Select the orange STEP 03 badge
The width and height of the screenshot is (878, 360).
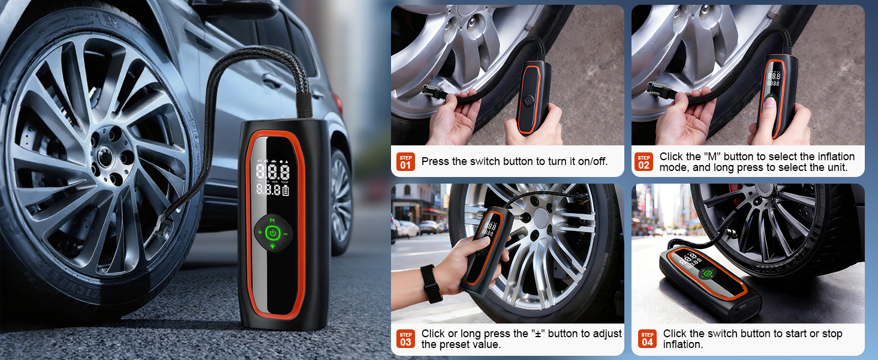[405, 339]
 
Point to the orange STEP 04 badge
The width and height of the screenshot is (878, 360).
[647, 339]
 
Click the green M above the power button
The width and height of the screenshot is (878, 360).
[272, 221]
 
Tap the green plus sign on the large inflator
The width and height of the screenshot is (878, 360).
[260, 233]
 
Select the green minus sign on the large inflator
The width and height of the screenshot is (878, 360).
[285, 234]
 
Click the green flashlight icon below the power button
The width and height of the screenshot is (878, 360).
[272, 246]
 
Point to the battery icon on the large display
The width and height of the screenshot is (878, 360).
[285, 191]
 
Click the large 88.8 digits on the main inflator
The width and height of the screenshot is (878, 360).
[273, 172]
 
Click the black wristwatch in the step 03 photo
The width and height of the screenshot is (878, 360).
[431, 283]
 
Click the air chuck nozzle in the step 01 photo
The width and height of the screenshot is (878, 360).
[433, 93]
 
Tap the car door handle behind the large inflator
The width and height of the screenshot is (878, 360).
[273, 81]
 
